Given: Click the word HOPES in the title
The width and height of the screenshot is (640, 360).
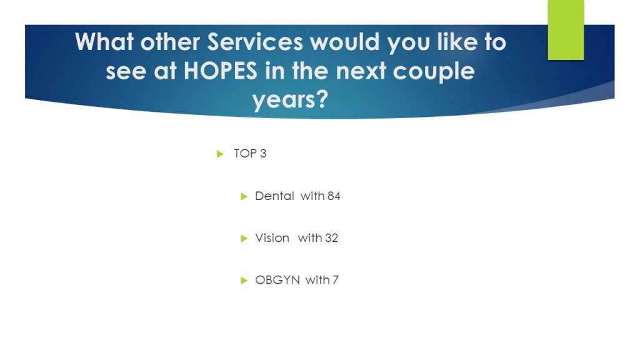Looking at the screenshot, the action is point(221,71).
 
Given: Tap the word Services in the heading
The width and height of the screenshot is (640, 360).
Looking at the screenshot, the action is point(255,42).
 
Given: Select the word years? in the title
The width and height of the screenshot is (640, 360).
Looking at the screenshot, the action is point(290,99).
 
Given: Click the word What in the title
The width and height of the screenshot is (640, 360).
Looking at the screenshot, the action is point(104,42).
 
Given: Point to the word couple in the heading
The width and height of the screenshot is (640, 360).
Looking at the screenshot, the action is point(434,72).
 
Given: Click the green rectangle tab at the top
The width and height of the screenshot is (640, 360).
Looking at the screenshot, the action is point(566,30).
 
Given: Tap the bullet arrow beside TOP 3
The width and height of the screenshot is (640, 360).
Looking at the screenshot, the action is point(220,154).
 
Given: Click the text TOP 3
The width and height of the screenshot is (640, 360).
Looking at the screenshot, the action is point(250,154).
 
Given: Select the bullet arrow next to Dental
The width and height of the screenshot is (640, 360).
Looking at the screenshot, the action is point(244,196).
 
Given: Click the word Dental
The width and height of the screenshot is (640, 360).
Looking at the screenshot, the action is point(274,196).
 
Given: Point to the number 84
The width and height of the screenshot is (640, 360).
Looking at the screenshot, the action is point(334,196).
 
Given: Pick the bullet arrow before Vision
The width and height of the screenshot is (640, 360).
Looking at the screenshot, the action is point(244,238).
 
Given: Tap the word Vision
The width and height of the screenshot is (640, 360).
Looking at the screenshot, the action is point(272,238).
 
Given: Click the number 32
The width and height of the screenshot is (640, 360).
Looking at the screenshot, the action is point(331,238).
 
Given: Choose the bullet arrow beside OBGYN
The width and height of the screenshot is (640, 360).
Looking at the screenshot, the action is point(244,281).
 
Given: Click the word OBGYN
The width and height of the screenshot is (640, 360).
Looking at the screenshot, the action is point(277,280).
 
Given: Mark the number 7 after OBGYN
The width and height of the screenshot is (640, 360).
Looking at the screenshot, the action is point(335,280).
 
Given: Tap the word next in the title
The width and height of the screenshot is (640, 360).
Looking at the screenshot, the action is point(361,71).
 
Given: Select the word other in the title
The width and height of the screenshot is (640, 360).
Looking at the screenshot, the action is point(170,42).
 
